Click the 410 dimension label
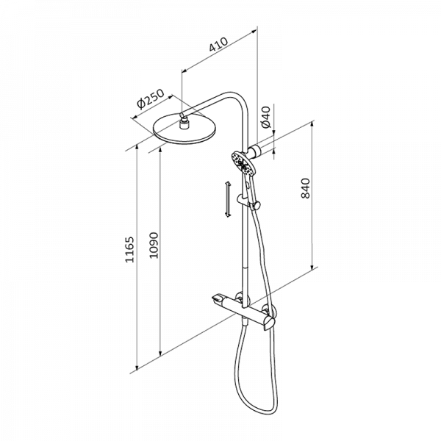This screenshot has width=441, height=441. coord(218,44)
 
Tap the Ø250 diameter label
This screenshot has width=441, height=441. coord(150,99)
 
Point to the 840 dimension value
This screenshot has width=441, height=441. coord(305,188)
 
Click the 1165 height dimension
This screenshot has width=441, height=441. coord(129,250)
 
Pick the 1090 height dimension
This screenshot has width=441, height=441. coord(154,245)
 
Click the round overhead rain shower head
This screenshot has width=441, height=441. coord(186,129)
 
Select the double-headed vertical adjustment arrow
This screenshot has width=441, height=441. coord(228,199)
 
